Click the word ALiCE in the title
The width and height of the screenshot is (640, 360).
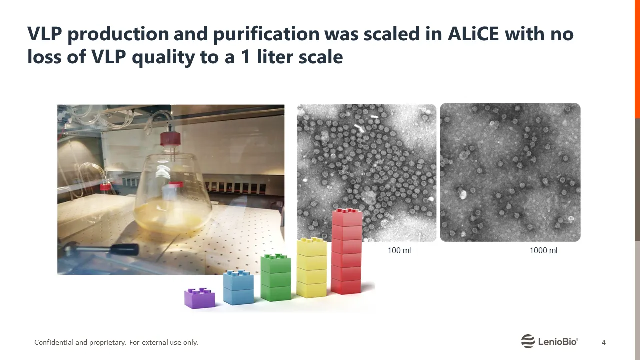473,34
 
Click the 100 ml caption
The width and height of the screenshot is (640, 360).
399,251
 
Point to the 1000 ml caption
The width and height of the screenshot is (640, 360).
543,251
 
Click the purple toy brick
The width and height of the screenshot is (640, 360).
199,298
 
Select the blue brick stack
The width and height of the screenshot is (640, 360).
238,287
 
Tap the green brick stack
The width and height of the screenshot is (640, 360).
276,277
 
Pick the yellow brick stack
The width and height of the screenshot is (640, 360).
312,267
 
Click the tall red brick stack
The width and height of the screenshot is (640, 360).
347,251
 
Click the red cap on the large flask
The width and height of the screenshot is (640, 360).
170,139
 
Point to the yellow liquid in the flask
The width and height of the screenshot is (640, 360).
171,217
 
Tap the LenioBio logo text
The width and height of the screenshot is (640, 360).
558,341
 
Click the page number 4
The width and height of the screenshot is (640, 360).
603,342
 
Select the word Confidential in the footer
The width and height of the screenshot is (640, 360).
54,342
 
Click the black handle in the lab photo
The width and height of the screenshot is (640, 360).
125,250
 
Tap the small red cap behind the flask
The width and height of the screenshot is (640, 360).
105,187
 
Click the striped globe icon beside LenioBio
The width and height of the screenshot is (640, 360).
528,341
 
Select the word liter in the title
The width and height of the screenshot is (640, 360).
275,57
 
